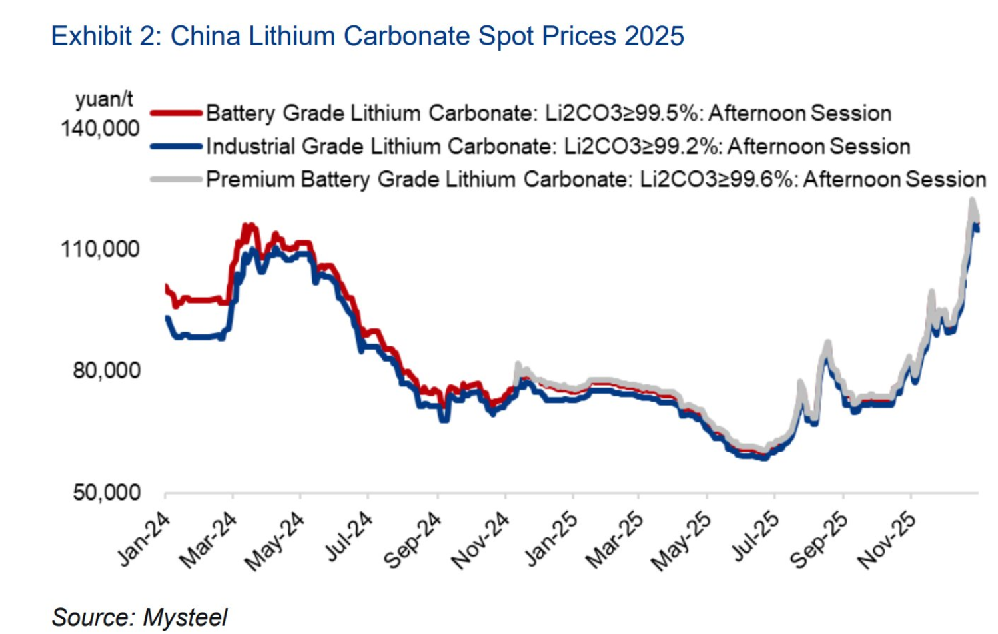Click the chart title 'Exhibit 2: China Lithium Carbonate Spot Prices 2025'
(367, 36)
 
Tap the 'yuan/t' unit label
(104, 99)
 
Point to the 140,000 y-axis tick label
(100, 128)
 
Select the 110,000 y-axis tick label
(100, 250)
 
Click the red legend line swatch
(176, 113)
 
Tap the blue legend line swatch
(176, 147)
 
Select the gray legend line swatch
(176, 179)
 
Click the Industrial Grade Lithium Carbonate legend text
(558, 147)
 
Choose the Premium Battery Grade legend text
(596, 180)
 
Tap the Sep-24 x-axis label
(413, 541)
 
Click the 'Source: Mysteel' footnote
(139, 617)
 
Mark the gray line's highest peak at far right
(972, 200)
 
